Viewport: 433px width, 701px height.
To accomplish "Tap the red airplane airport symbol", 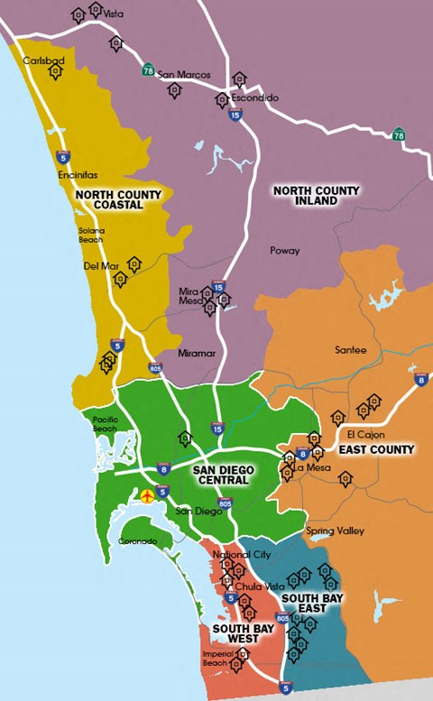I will click(x=146, y=494).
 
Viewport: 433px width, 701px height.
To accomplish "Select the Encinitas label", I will click(x=78, y=176).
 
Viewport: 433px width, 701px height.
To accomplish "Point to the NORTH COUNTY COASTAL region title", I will click(x=118, y=199).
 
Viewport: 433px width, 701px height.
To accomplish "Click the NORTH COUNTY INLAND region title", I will click(x=316, y=196).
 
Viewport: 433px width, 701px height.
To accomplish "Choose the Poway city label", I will click(x=285, y=251).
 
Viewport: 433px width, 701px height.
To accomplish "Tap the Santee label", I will click(x=351, y=350).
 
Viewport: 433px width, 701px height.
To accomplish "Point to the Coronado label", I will click(x=138, y=541).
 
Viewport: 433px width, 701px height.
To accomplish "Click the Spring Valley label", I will click(x=335, y=531).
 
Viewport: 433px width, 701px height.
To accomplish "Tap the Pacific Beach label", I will click(x=105, y=424).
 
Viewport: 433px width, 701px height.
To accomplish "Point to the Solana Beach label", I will click(x=90, y=235).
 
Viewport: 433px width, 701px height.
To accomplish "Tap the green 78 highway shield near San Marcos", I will click(x=148, y=69).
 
